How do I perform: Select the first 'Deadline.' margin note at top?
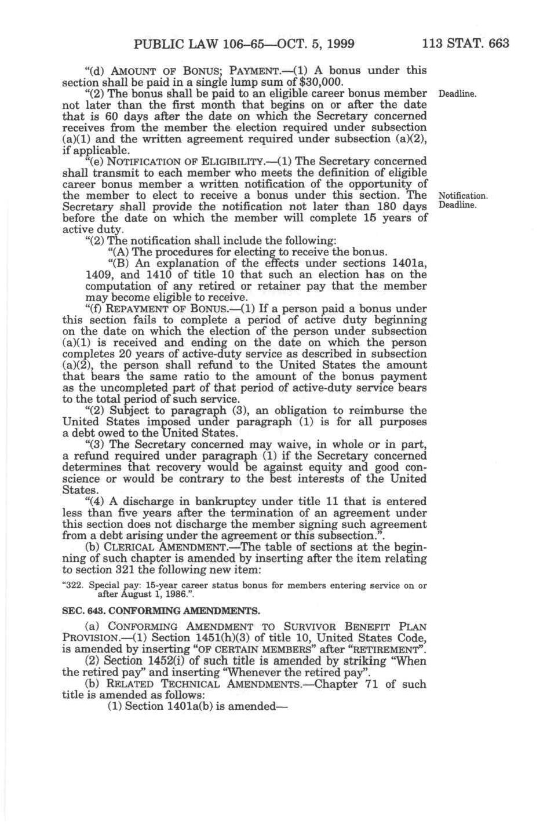tap(457, 93)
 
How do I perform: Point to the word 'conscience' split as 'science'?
tap(85, 479)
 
